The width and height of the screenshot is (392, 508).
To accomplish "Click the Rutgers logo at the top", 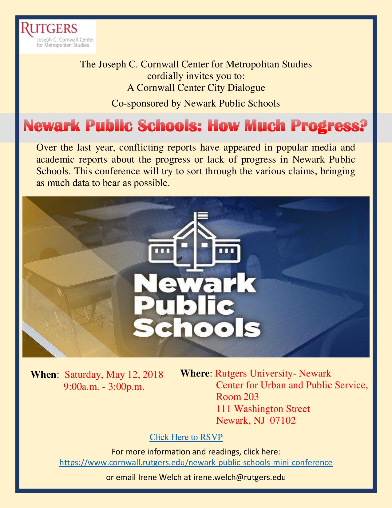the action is [57, 36].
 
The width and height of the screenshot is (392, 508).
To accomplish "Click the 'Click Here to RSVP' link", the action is [186, 437].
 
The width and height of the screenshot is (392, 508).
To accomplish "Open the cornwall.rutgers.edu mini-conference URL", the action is [196, 462].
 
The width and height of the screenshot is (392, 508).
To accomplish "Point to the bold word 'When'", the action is [43, 375].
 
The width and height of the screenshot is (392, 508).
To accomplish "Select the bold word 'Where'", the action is [195, 373].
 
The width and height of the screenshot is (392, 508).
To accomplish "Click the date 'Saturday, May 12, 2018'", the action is [114, 375].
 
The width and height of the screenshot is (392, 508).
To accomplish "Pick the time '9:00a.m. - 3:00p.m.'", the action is [104, 386].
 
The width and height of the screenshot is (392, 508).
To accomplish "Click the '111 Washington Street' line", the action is [263, 409].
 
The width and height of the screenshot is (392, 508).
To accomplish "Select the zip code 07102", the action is [283, 420].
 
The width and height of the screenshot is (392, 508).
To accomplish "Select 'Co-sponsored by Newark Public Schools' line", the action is [196, 103].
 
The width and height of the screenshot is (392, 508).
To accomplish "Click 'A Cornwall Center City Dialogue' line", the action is [196, 88].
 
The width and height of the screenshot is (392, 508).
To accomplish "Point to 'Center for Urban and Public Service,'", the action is [292, 385].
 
